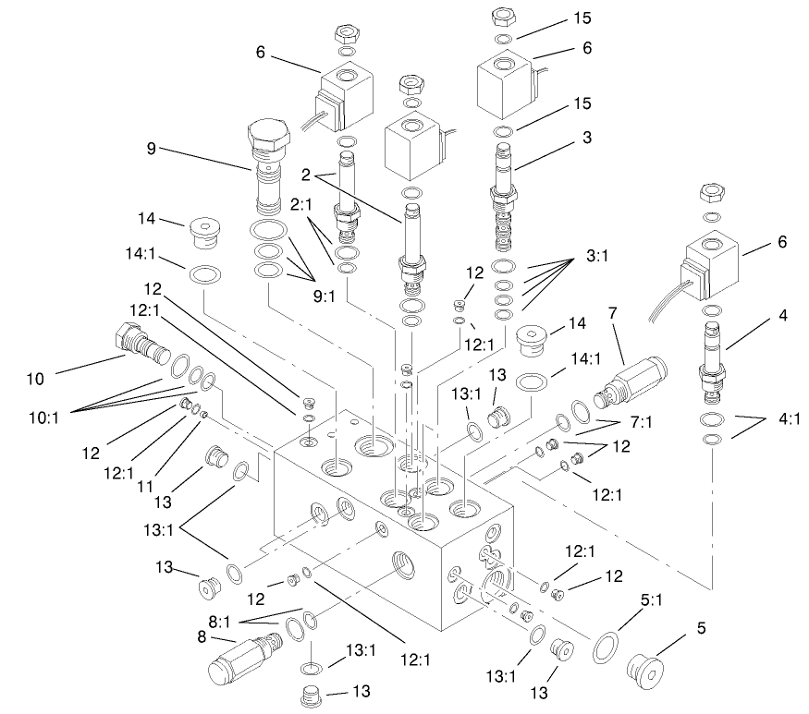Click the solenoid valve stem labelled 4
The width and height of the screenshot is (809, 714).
click(x=715, y=360)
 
